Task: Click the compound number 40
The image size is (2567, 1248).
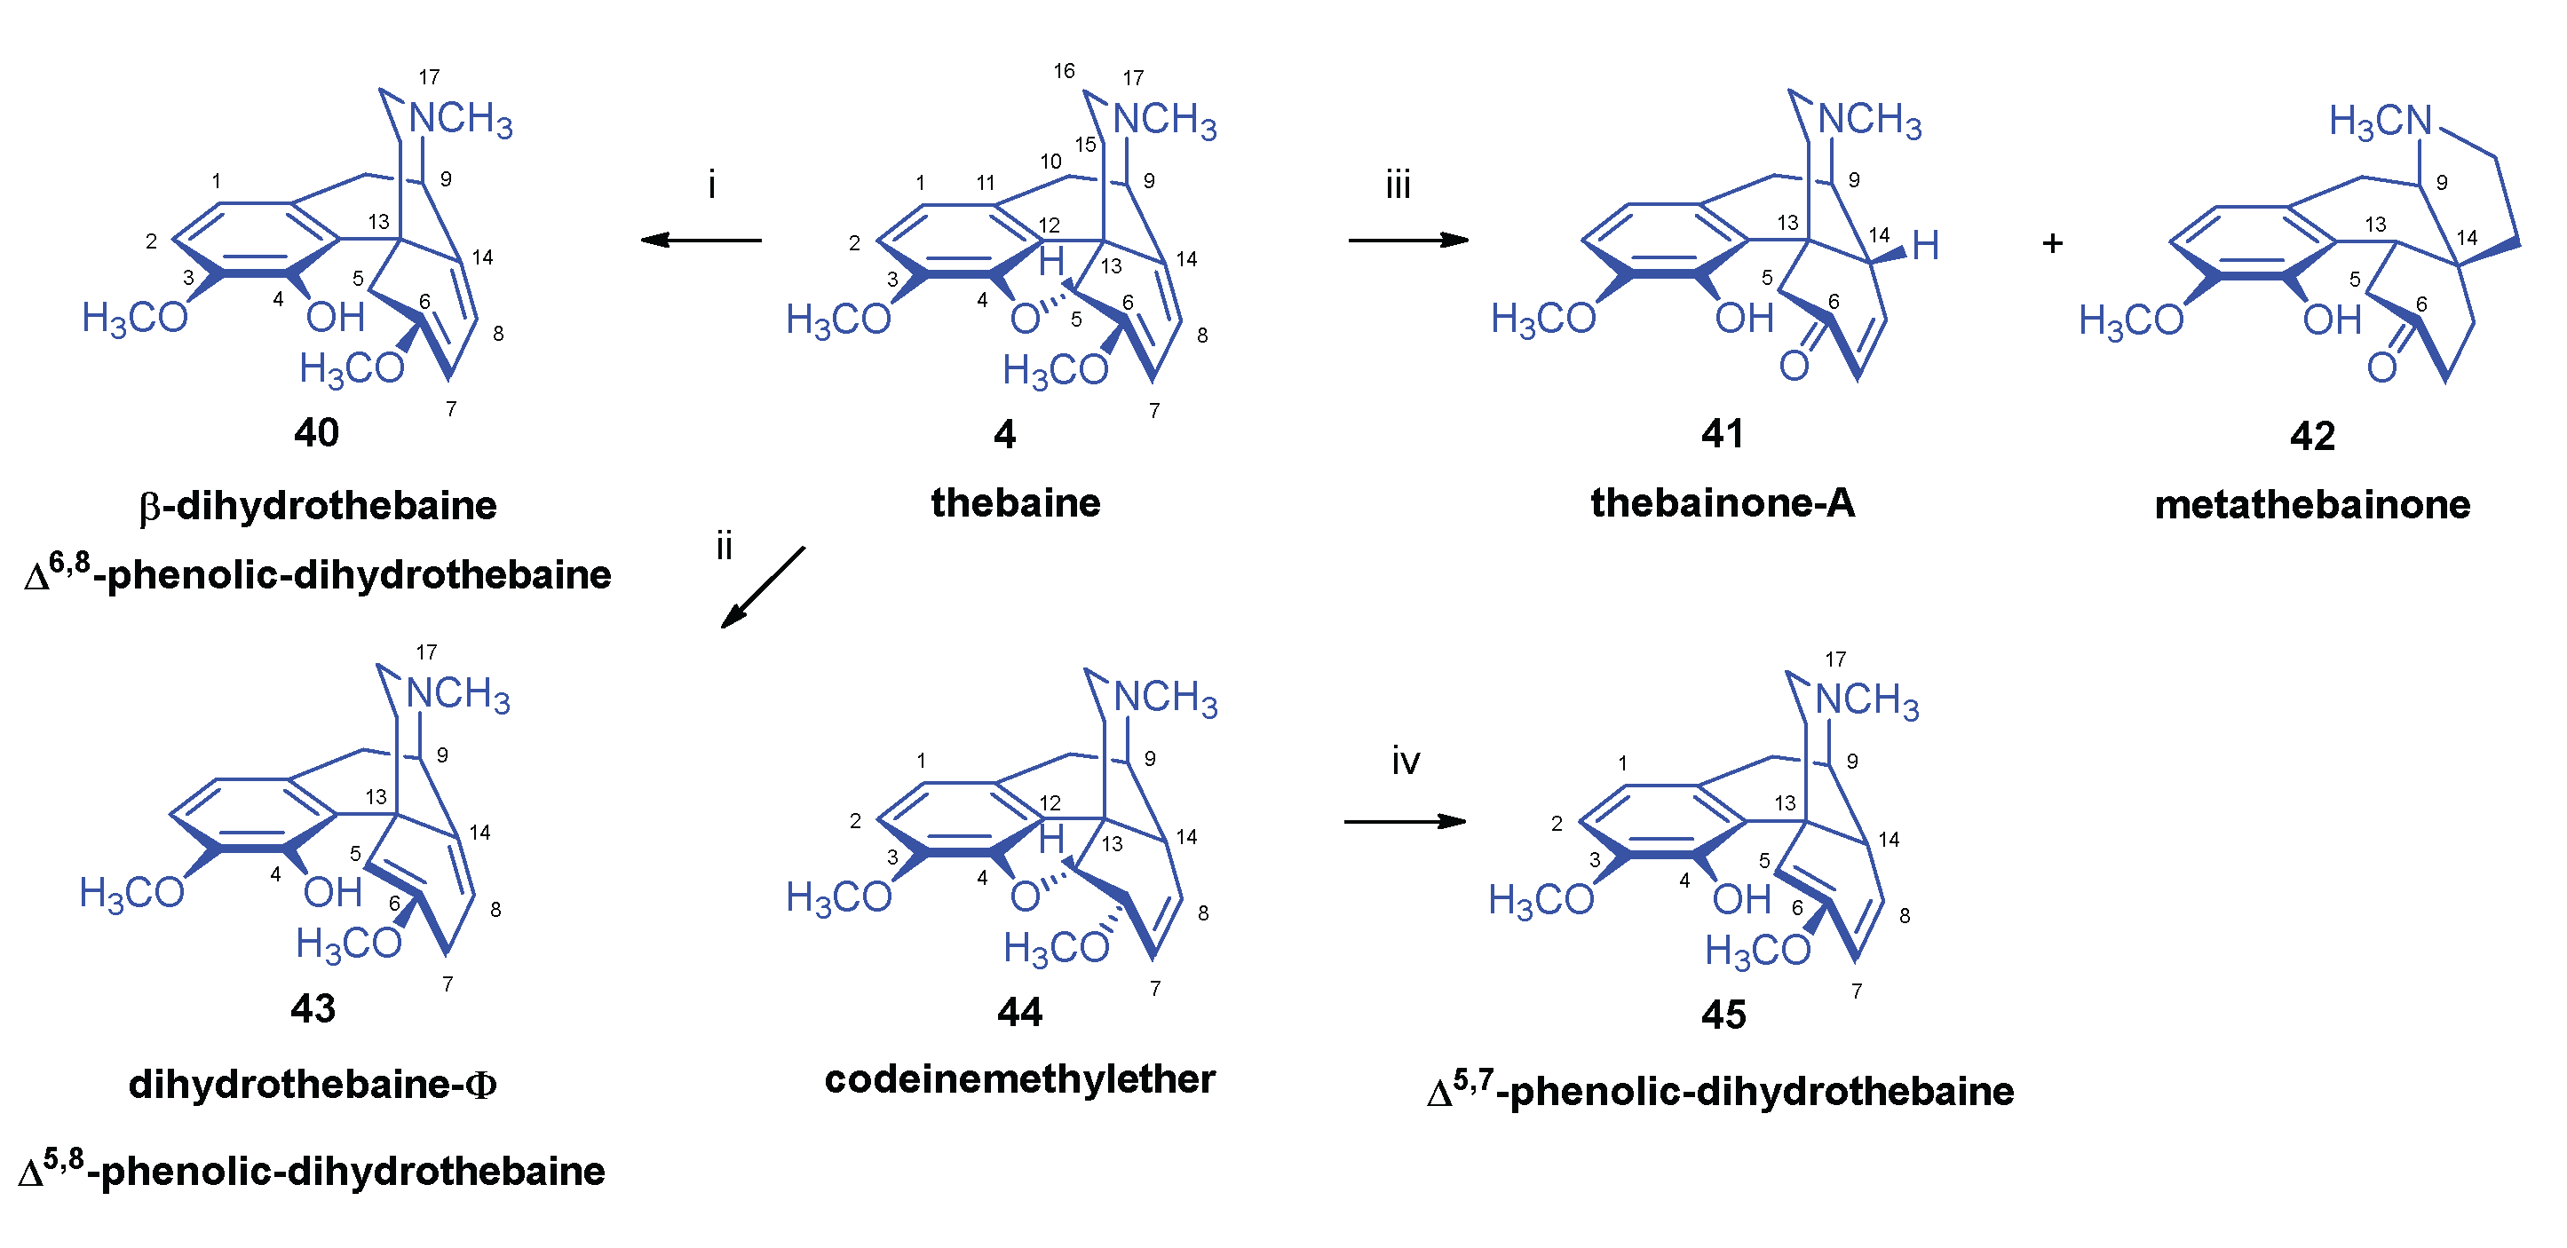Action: pos(316,433)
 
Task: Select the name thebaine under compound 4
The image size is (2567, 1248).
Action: pos(1016,503)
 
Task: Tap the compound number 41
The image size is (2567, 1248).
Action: pos(1722,433)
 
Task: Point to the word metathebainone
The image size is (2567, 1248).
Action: pos(2312,505)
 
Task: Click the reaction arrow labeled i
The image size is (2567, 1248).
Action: pos(701,240)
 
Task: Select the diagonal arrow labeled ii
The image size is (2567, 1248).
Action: pos(763,588)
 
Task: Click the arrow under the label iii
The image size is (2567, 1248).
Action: pos(1407,240)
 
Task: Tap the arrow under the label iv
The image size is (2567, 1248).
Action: pos(1405,822)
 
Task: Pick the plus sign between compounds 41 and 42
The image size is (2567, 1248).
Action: pos(2052,243)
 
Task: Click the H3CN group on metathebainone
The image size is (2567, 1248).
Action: pos(2381,122)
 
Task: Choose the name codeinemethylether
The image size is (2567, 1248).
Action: pos(1019,1079)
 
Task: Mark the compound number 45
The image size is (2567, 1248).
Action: pos(1723,1015)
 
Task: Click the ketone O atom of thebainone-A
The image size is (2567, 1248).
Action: pos(1794,367)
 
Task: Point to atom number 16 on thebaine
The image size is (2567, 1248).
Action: pos(1065,71)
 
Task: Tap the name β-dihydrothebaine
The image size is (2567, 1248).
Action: pos(318,506)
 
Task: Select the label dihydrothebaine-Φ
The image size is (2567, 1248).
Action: pos(313,1084)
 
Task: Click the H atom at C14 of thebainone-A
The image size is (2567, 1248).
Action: pos(1925,245)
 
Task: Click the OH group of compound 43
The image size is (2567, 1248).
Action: pos(333,892)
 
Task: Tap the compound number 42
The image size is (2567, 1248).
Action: pos(2312,436)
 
